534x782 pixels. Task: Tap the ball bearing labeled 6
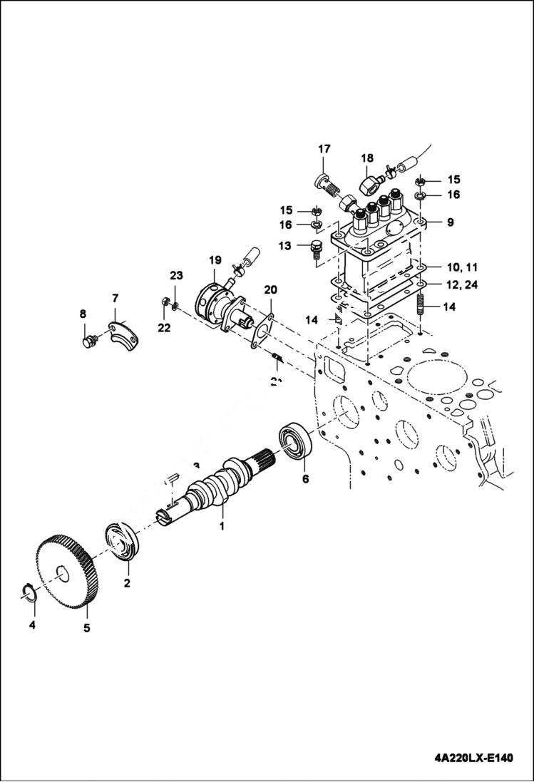coord(296,441)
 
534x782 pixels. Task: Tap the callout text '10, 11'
coord(463,267)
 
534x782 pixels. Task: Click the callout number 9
coord(450,222)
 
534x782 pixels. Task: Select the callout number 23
coord(176,275)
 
